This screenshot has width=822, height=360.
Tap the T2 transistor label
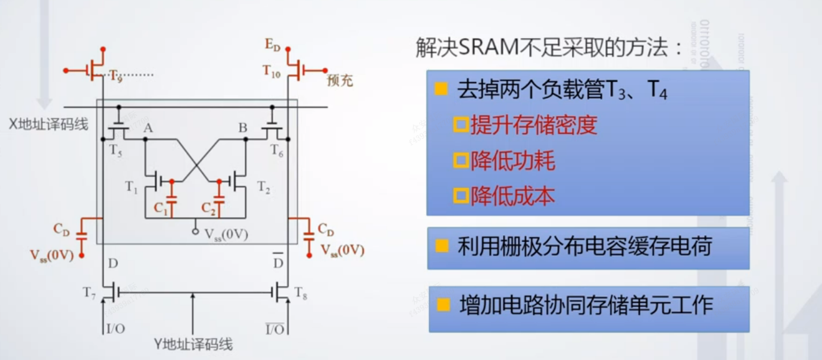click(264, 188)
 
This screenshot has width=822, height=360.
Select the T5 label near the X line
click(115, 149)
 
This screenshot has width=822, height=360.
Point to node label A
click(148, 128)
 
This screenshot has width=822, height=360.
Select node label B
click(242, 127)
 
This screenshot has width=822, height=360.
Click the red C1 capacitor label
click(160, 208)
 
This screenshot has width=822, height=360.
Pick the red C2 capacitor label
click(208, 208)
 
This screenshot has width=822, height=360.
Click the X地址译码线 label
click(48, 124)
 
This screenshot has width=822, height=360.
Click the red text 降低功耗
click(512, 161)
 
